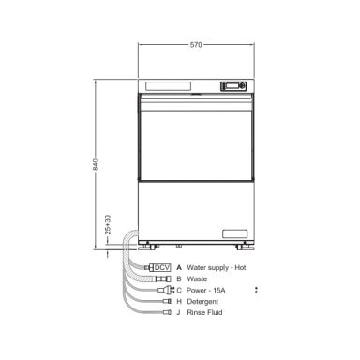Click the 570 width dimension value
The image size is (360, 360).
(196, 45)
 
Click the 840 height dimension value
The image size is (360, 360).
(96, 164)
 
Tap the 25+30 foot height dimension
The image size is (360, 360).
(108, 225)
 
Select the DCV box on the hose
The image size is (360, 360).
(162, 267)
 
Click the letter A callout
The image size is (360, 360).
(179, 267)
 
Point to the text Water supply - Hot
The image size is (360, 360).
(217, 267)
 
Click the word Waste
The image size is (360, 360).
(197, 278)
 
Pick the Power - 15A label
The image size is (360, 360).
(205, 290)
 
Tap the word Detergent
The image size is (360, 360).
(202, 302)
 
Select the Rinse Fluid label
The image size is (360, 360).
(204, 312)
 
